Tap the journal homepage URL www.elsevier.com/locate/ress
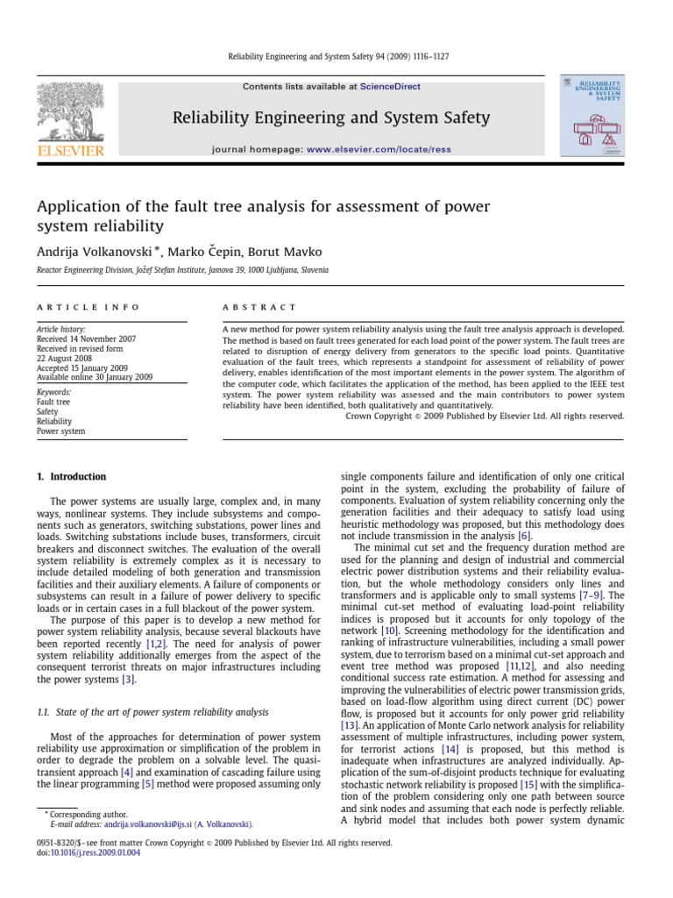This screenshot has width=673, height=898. pyautogui.click(x=379, y=150)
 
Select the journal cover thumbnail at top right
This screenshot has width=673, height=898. pyautogui.click(x=592, y=116)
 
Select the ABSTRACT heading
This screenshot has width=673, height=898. pyautogui.click(x=260, y=308)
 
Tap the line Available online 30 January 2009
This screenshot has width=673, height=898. pyautogui.click(x=94, y=377)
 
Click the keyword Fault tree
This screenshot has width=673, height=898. pyautogui.click(x=53, y=402)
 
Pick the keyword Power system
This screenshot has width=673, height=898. pyautogui.click(x=60, y=431)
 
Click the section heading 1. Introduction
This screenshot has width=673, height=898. pyautogui.click(x=71, y=477)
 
